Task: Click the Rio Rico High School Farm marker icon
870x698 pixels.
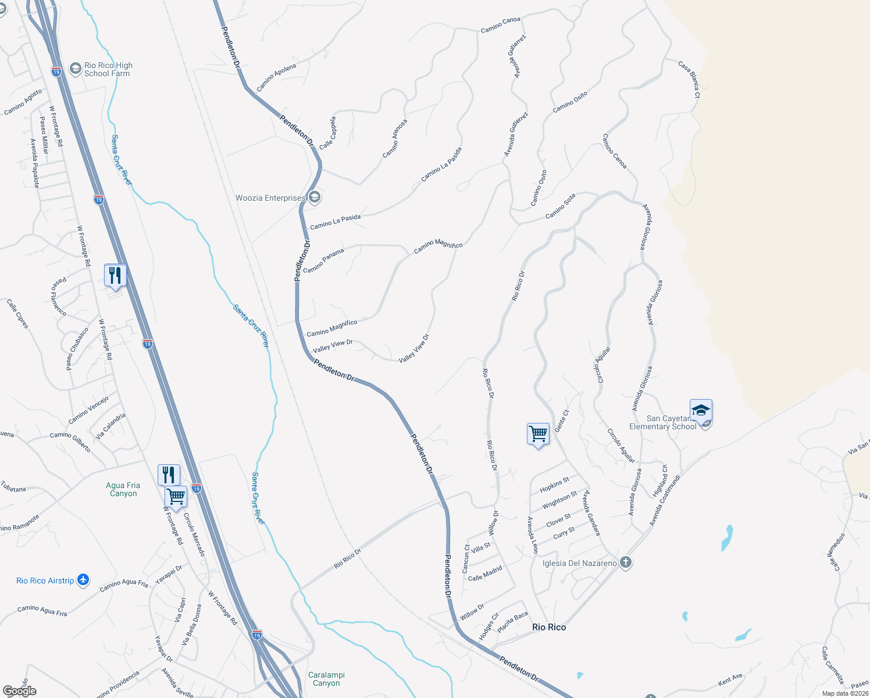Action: pyautogui.click(x=75, y=69)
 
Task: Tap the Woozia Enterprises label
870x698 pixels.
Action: pyautogui.click(x=270, y=198)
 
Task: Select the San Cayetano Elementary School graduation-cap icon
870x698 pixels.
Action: pyautogui.click(x=701, y=411)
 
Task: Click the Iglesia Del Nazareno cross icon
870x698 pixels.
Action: pyautogui.click(x=626, y=562)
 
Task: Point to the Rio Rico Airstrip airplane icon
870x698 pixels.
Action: pyautogui.click(x=83, y=580)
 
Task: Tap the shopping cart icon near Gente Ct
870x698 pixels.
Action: pyautogui.click(x=538, y=433)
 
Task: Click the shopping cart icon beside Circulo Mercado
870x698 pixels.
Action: pyautogui.click(x=176, y=497)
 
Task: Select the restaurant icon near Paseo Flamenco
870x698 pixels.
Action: pyautogui.click(x=115, y=275)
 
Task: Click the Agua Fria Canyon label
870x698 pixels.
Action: pyautogui.click(x=123, y=489)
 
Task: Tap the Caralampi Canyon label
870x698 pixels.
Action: pyautogui.click(x=326, y=679)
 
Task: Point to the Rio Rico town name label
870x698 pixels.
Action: pyautogui.click(x=549, y=627)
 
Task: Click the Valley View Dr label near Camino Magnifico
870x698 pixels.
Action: pyautogui.click(x=333, y=346)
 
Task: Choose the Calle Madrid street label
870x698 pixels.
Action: pyautogui.click(x=485, y=574)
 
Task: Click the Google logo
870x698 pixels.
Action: pyautogui.click(x=20, y=690)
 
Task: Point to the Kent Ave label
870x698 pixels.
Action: pyautogui.click(x=730, y=679)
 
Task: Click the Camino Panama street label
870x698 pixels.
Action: pyautogui.click(x=323, y=261)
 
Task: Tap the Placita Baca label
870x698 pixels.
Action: pyautogui.click(x=512, y=621)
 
